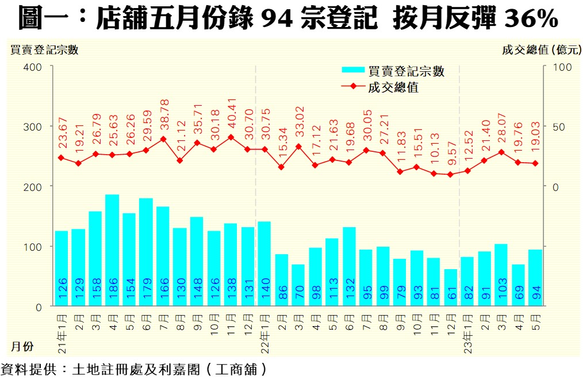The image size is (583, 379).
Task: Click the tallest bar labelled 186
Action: pos(112,250)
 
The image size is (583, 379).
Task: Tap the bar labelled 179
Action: pos(146,252)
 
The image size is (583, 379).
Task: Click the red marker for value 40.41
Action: pos(231,137)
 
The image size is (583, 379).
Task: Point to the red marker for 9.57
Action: pos(451,174)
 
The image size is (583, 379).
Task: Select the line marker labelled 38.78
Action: pos(163,139)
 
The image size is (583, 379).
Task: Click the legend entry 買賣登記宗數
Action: pos(406,71)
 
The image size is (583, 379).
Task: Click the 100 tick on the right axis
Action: pos(558,67)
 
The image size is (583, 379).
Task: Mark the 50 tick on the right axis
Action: pos(555,127)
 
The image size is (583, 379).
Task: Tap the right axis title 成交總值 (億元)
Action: pos(541,49)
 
